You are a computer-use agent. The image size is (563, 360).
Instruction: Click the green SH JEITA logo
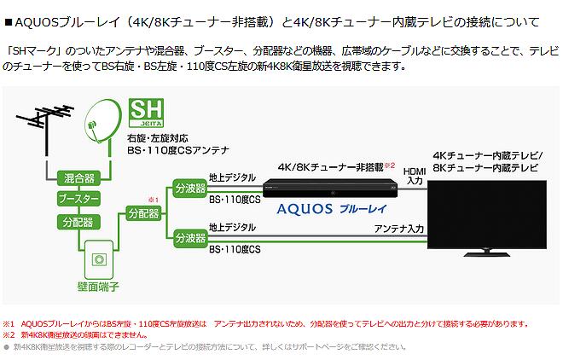(x=146, y=113)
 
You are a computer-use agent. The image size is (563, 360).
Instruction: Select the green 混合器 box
(x=79, y=178)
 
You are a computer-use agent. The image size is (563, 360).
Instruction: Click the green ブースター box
(x=79, y=199)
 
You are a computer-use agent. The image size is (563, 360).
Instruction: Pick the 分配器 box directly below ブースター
(x=79, y=222)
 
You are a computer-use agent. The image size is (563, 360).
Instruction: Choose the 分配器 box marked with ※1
(x=144, y=213)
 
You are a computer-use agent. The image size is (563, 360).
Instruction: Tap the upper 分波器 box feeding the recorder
(x=190, y=188)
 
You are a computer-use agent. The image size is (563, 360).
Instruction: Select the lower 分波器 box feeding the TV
(x=190, y=238)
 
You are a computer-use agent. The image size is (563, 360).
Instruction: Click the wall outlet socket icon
(x=99, y=259)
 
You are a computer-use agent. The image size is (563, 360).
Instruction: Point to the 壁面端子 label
(x=98, y=287)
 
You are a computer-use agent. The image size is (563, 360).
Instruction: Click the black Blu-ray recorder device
(x=330, y=188)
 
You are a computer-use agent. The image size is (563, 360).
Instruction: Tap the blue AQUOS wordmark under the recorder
(x=305, y=209)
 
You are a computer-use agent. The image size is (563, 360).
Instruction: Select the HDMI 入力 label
(x=415, y=176)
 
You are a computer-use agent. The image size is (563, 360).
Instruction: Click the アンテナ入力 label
(x=399, y=229)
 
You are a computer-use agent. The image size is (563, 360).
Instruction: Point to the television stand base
(x=486, y=254)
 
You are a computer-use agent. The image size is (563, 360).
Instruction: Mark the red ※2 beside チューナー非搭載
(x=390, y=165)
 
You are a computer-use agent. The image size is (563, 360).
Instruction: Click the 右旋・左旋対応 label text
(x=157, y=138)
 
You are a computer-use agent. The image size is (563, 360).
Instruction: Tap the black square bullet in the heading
(x=9, y=23)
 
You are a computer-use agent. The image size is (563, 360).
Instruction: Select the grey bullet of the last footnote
(x=6, y=347)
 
